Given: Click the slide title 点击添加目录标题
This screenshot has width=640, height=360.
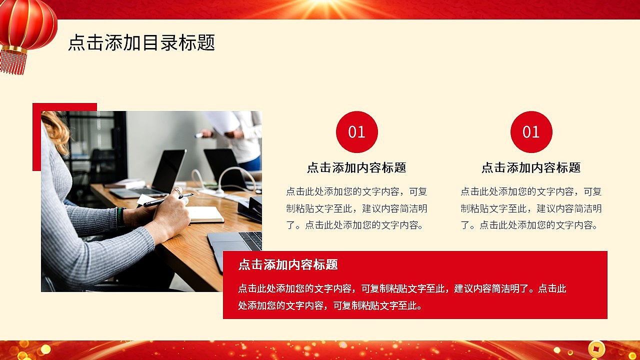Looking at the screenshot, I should [x=141, y=43].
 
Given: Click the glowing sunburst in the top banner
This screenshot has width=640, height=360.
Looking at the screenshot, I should [x=320, y=7].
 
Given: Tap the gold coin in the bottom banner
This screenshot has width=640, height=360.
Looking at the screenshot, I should [x=596, y=348].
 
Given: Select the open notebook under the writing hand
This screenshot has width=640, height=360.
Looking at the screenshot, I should [x=205, y=214].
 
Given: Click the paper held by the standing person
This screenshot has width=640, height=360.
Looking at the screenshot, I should [x=223, y=122].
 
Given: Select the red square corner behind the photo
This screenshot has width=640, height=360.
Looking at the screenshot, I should [x=36, y=135].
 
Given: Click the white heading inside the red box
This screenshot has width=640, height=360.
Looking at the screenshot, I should [x=288, y=264].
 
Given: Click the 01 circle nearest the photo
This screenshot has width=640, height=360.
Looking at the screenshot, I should [x=356, y=132].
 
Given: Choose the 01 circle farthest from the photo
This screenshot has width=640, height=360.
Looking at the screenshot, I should [x=531, y=132].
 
